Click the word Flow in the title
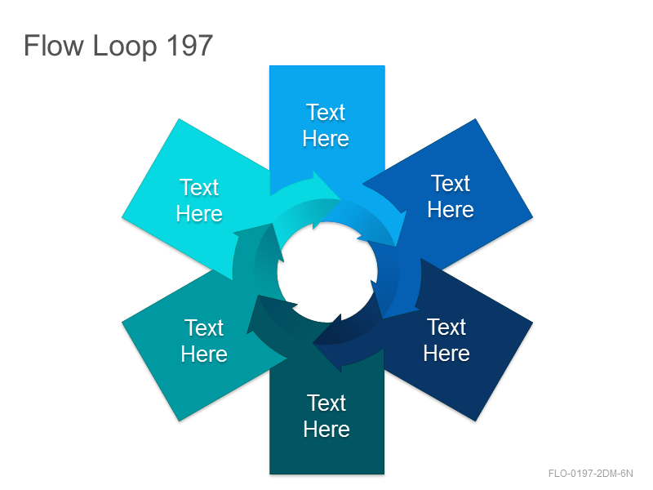[x=54, y=45]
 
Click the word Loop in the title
[x=125, y=47]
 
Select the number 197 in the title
[x=189, y=45]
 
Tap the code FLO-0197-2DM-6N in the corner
[x=590, y=474]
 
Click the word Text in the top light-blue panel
[x=326, y=112]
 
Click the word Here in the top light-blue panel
[x=326, y=138]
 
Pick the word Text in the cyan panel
[x=199, y=188]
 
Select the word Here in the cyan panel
[x=199, y=214]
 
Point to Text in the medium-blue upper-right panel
[x=451, y=183]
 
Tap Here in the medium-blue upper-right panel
[x=451, y=209]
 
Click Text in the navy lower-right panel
[x=446, y=327]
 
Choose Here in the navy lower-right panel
[x=446, y=354]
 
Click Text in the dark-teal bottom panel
[x=326, y=403]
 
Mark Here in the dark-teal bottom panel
[x=326, y=430]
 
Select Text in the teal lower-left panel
[x=204, y=328]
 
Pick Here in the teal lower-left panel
[x=204, y=354]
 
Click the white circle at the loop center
[x=327, y=272]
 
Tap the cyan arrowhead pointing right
[x=325, y=189]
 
